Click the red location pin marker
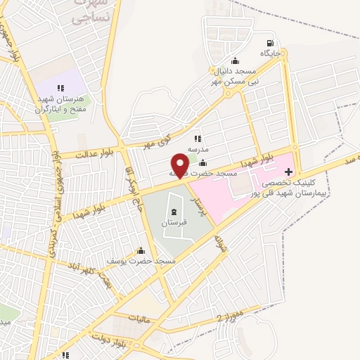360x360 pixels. tap(180, 165)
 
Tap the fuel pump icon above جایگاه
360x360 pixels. tap(271, 41)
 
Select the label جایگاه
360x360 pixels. tap(271, 53)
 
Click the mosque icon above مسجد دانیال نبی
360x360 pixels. tap(234, 61)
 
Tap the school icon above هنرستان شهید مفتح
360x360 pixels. tap(60, 88)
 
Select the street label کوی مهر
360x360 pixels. tap(157, 137)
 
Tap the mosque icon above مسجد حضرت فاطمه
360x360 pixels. tap(203, 163)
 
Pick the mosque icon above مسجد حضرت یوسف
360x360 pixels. tap(141, 250)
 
